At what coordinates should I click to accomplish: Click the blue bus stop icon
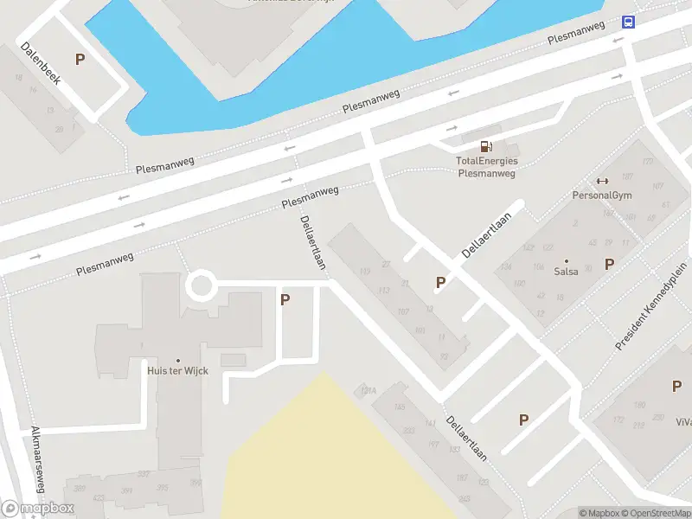628,22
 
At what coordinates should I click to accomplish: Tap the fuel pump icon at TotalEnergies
487,145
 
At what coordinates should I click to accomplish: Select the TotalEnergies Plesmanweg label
486,167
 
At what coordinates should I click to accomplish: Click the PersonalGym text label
602,195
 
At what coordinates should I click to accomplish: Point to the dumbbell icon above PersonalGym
602,181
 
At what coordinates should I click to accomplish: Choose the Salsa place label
567,272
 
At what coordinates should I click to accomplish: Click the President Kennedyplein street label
644,307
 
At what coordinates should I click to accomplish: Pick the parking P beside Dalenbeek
80,60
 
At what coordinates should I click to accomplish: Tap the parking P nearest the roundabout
285,299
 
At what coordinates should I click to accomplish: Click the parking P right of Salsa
609,264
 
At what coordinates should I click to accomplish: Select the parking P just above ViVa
676,387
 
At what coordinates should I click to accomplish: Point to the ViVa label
683,422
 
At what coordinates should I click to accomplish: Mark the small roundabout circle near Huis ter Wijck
202,285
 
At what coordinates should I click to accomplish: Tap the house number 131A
368,392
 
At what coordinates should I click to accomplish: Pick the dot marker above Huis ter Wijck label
178,360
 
